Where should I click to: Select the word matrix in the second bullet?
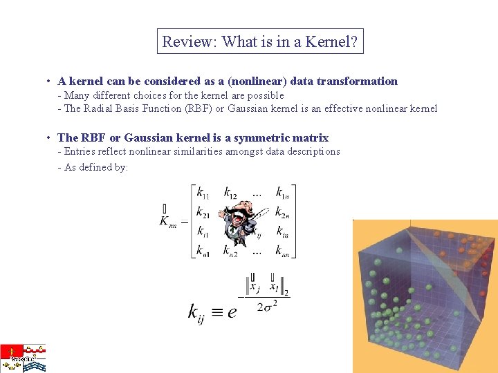(311, 137)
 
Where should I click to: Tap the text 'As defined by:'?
(96, 167)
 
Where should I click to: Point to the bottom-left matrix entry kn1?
(203, 251)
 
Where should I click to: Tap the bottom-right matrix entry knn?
(282, 251)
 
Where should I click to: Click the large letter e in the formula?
(232, 312)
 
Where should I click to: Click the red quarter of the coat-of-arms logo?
(11, 351)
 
